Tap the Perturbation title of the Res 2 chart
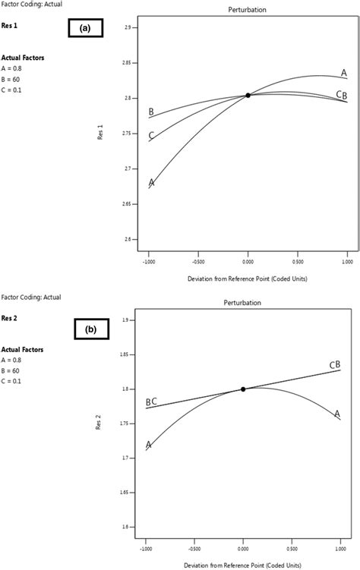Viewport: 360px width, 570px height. coord(244,302)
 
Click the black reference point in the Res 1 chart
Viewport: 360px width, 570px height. coord(248,95)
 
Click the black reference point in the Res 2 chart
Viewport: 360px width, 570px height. coord(243,389)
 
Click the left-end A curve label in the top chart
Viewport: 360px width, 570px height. coord(152,182)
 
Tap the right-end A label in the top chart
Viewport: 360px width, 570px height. coord(344,73)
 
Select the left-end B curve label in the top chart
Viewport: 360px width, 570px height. coord(152,112)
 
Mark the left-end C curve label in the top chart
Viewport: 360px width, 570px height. coord(152,136)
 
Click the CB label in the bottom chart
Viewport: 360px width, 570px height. coord(335,365)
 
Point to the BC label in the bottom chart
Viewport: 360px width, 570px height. coord(151,402)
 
